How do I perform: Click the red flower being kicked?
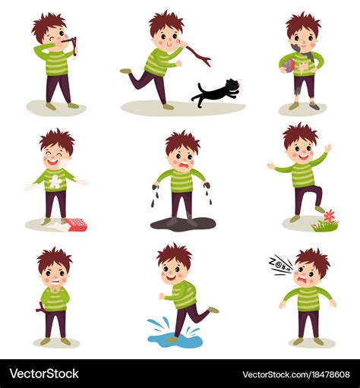(x=330, y=216)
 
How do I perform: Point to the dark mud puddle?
(x=183, y=224)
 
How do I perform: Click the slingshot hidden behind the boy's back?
(x=40, y=308)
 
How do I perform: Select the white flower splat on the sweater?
(x=55, y=181)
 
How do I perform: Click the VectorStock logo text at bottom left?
(x=44, y=374)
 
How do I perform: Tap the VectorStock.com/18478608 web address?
(x=296, y=374)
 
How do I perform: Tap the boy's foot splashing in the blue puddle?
(x=172, y=339)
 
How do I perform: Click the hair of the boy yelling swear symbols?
(x=313, y=260)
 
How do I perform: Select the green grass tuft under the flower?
(x=325, y=226)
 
